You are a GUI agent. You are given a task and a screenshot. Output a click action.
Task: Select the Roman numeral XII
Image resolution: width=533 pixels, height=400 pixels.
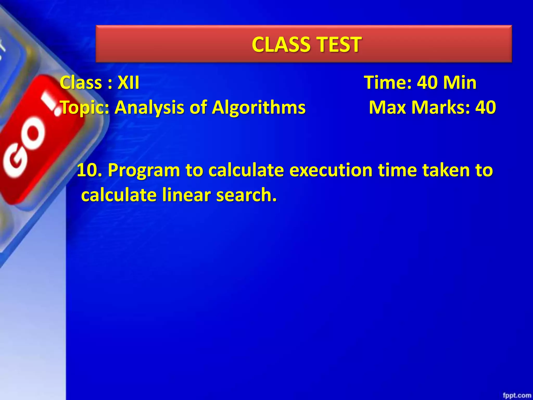click(128, 83)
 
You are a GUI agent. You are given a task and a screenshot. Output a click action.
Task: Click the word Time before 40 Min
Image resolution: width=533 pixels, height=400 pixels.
click(388, 83)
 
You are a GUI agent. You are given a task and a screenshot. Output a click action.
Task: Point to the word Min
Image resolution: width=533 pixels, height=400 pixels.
click(460, 83)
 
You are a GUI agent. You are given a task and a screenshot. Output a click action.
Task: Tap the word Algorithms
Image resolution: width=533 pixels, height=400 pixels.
click(259, 108)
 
